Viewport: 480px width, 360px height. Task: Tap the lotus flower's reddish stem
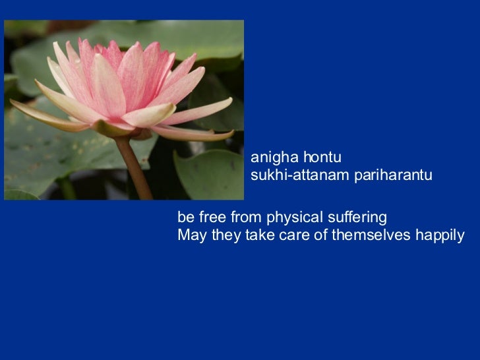134,168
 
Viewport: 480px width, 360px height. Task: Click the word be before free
185,218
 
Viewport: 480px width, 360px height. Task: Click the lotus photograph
124,109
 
